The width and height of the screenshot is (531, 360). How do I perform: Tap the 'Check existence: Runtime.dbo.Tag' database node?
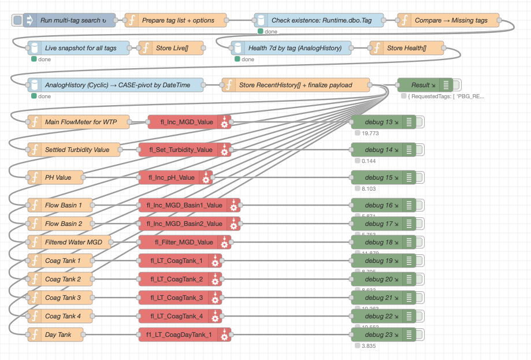click(x=321, y=21)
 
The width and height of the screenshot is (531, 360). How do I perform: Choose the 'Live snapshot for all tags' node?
click(x=80, y=48)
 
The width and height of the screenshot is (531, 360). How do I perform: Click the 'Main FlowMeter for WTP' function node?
click(x=80, y=122)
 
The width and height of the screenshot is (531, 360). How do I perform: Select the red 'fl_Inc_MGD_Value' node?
click(x=186, y=122)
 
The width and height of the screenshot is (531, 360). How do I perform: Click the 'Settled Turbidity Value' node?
click(x=75, y=150)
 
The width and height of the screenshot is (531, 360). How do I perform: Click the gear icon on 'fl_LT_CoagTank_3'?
click(x=215, y=298)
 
